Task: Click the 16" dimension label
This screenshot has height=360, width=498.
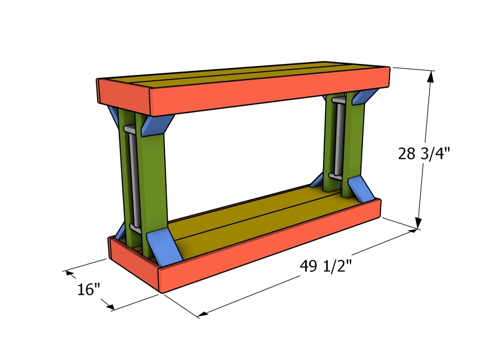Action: point(89,290)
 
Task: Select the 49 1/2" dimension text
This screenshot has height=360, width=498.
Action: point(326,266)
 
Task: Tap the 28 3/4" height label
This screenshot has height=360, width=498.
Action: point(424,154)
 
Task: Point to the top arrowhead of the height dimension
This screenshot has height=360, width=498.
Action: point(430,76)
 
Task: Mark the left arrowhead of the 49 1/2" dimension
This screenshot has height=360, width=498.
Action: point(202,314)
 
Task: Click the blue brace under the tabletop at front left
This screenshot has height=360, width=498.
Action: point(157,124)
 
